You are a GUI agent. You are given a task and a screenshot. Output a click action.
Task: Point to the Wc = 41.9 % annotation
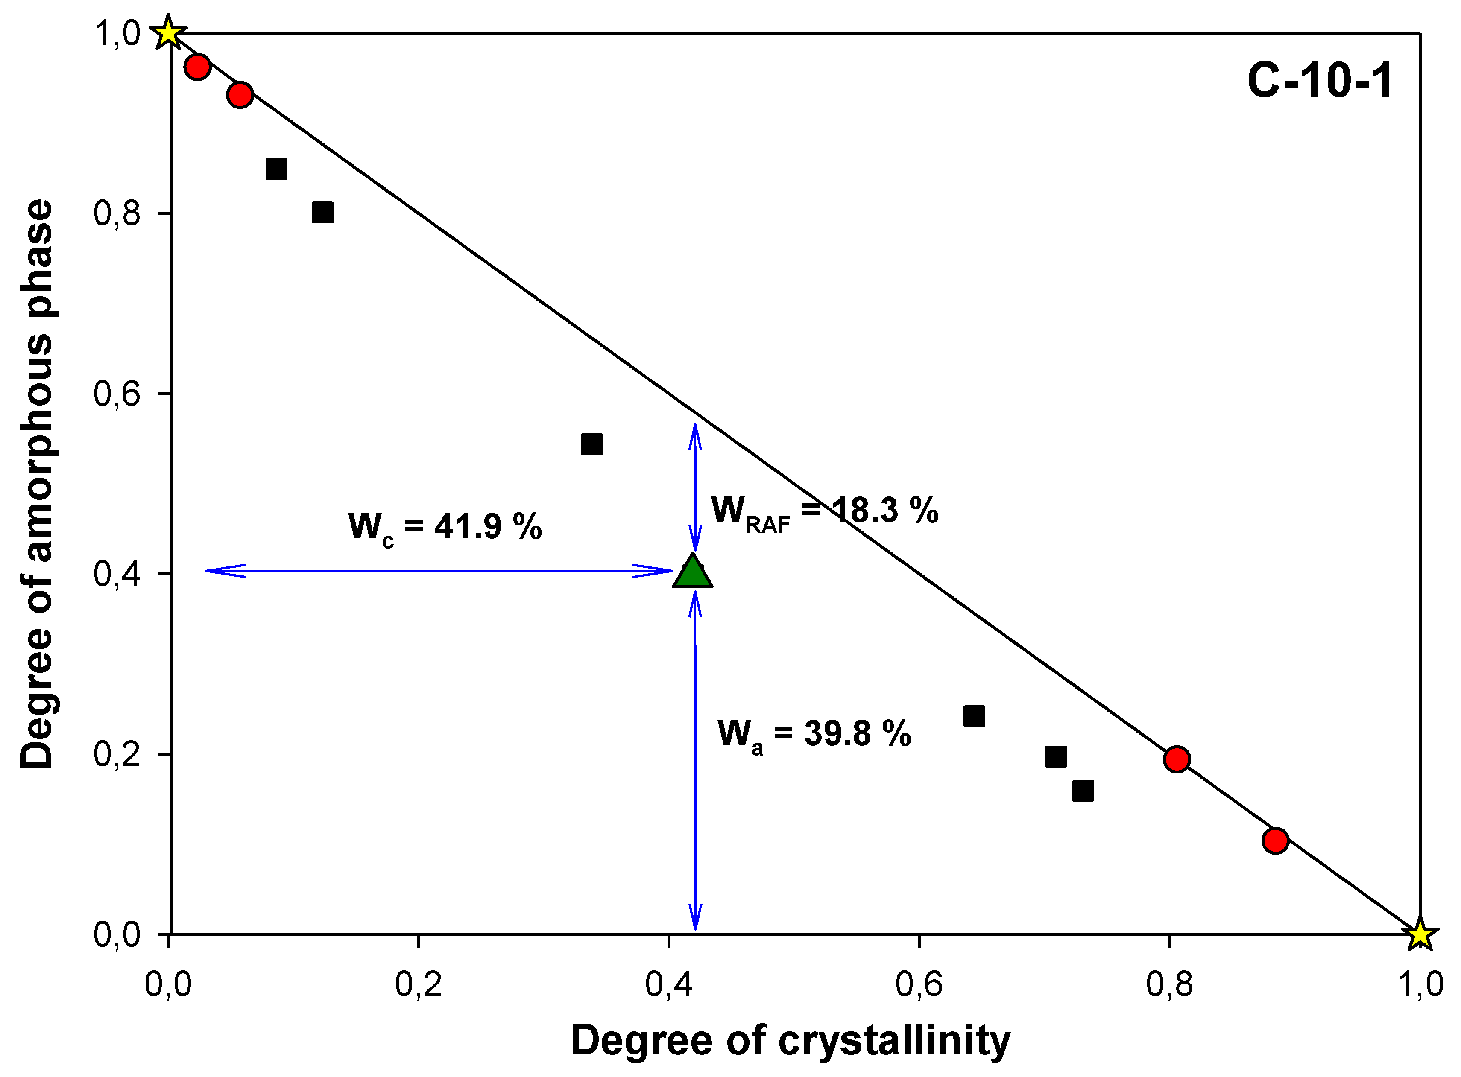pyautogui.click(x=445, y=527)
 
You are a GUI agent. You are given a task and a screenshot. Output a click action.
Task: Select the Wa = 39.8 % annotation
pyautogui.click(x=814, y=735)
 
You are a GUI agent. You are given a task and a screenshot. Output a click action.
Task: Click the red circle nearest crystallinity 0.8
pyautogui.click(x=1177, y=759)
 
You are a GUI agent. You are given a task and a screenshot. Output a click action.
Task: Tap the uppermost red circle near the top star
pyautogui.click(x=197, y=67)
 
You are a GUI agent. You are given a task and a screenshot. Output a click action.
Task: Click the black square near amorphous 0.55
pyautogui.click(x=591, y=445)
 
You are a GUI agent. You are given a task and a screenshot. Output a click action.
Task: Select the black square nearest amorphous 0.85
pyautogui.click(x=277, y=169)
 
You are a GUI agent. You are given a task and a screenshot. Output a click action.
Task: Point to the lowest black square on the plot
pyautogui.click(x=1083, y=791)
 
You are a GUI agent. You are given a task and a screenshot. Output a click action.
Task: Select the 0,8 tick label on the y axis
pyautogui.click(x=117, y=213)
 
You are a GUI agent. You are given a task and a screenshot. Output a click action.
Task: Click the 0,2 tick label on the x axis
pyautogui.click(x=418, y=984)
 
